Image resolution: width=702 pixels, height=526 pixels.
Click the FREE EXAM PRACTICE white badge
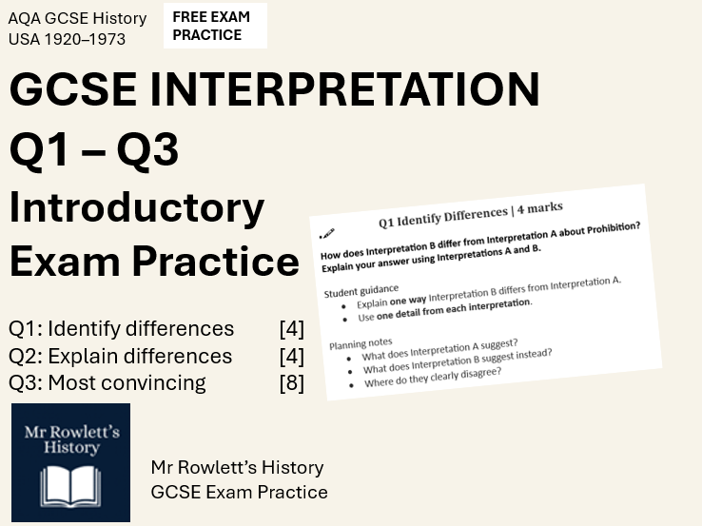(x=215, y=26)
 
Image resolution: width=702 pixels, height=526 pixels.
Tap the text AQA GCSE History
(x=78, y=18)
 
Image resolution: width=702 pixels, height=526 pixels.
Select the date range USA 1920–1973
(x=67, y=39)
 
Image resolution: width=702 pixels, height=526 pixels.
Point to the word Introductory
(x=137, y=207)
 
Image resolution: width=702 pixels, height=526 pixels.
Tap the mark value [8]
(x=291, y=382)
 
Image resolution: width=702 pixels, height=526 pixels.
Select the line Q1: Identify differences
(x=121, y=329)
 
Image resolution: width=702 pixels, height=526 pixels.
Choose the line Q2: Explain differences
(x=120, y=356)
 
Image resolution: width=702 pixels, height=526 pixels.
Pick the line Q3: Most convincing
(x=107, y=382)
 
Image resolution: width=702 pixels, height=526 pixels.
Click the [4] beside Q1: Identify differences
(x=291, y=329)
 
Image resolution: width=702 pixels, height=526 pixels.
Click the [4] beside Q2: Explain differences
(x=291, y=356)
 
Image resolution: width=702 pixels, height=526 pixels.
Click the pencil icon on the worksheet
(x=328, y=233)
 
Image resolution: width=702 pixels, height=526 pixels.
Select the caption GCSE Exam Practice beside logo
(x=239, y=492)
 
